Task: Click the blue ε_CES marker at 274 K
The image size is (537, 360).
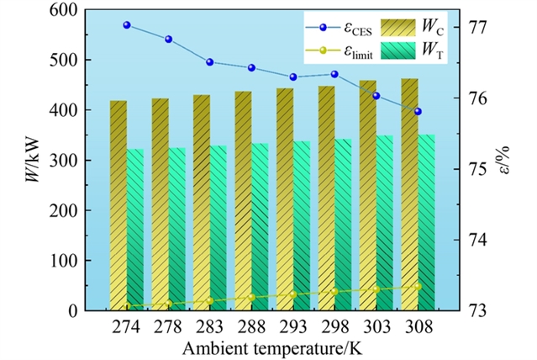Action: click(127, 25)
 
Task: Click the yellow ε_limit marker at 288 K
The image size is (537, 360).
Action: click(251, 297)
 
